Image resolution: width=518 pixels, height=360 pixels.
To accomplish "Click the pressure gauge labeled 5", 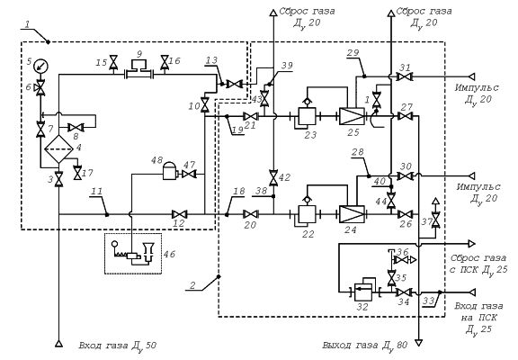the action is [41, 66].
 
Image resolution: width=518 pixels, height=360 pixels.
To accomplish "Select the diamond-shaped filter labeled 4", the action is [58, 149].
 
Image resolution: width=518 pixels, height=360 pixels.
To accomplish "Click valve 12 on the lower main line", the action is [180, 214].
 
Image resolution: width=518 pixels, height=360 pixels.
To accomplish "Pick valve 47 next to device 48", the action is [189, 174].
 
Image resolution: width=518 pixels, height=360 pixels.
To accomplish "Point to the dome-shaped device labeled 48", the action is [170, 171].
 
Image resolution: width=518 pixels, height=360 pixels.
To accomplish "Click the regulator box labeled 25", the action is [352, 116].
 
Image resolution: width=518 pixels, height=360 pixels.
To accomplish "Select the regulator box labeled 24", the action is [352, 214].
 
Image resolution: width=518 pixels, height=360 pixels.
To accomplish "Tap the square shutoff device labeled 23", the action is [307, 116].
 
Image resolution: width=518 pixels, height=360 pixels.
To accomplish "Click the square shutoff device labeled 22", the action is [307, 214].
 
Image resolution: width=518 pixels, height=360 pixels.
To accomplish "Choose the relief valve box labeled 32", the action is [363, 292].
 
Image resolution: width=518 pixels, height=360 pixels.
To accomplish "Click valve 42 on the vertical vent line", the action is [273, 177].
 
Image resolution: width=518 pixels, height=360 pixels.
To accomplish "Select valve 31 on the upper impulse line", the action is [404, 76].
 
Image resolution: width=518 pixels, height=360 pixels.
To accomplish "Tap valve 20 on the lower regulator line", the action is [250, 214].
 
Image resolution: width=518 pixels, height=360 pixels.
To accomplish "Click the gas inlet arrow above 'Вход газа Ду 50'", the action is [58, 344].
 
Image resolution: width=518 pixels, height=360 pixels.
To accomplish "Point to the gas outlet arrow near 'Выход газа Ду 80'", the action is [418, 343].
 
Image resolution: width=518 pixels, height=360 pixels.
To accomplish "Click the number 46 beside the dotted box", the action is [169, 254].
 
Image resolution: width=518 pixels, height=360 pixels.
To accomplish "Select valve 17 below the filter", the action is [77, 173].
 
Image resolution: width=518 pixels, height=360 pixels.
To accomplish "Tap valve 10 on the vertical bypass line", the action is [205, 105].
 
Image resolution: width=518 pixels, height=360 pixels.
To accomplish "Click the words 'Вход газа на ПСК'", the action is [478, 311].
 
